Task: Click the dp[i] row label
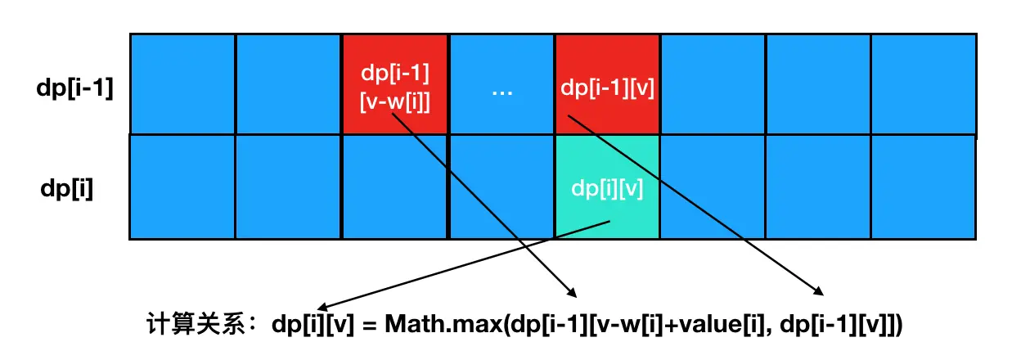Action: point(67,189)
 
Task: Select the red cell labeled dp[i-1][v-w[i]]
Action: point(395,84)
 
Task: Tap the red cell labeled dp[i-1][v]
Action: point(606,85)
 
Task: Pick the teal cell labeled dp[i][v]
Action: point(606,187)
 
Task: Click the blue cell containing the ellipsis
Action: point(502,85)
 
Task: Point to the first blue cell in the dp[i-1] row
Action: point(182,85)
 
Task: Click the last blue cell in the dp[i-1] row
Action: point(923,85)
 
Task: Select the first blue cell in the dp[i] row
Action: point(182,187)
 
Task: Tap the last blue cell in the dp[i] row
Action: point(923,187)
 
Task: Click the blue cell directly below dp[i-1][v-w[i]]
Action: point(395,187)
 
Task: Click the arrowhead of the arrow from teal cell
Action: point(321,304)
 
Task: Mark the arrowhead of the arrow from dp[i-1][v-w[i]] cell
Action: point(573,293)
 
